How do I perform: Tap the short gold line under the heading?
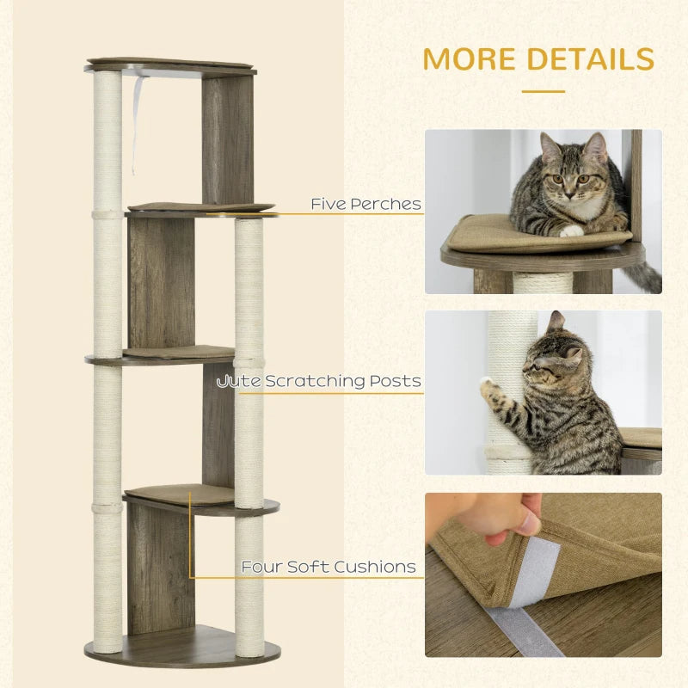[x=543, y=90]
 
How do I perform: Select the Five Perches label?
[x=365, y=205]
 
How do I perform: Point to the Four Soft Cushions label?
[x=328, y=567]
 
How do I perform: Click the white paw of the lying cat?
[x=571, y=230]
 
